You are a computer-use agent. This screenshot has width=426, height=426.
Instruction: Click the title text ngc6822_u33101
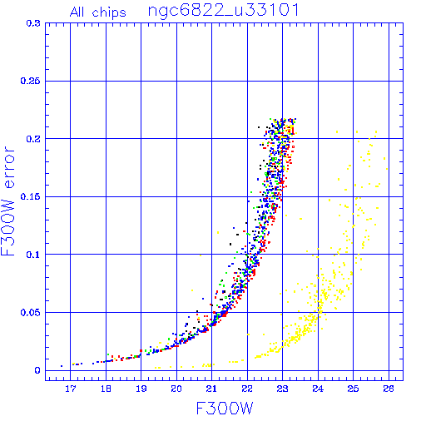tap(224, 11)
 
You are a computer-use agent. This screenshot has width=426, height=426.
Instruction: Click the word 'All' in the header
tap(77, 12)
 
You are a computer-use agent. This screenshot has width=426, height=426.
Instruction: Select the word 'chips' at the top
tap(109, 13)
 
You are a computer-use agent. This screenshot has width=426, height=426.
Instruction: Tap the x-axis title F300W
tap(225, 409)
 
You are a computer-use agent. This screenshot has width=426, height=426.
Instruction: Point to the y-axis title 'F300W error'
tap(7, 201)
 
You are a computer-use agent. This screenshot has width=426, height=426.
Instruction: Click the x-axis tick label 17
tap(71, 389)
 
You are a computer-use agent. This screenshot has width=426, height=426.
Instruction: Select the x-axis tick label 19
tap(141, 389)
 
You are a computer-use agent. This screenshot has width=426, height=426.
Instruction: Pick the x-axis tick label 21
tap(211, 389)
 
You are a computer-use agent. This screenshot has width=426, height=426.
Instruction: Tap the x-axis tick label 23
tap(282, 389)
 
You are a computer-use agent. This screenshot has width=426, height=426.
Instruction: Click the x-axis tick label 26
tap(389, 389)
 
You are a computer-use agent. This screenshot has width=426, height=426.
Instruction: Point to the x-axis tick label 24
tap(318, 389)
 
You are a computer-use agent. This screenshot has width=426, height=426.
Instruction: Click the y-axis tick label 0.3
tap(33, 23)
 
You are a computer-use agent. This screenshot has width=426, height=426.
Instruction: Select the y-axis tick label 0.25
tap(30, 81)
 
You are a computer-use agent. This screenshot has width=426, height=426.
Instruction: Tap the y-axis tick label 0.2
tap(33, 139)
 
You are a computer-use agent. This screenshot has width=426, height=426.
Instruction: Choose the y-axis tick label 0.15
tap(30, 196)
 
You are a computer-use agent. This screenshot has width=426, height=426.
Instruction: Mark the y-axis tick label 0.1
tap(33, 255)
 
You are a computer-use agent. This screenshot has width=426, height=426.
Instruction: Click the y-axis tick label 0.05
tap(30, 313)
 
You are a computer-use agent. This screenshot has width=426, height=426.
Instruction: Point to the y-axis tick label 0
tap(37, 370)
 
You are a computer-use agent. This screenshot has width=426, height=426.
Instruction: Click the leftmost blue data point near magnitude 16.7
tap(62, 366)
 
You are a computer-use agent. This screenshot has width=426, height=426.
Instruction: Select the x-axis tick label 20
tap(176, 389)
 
